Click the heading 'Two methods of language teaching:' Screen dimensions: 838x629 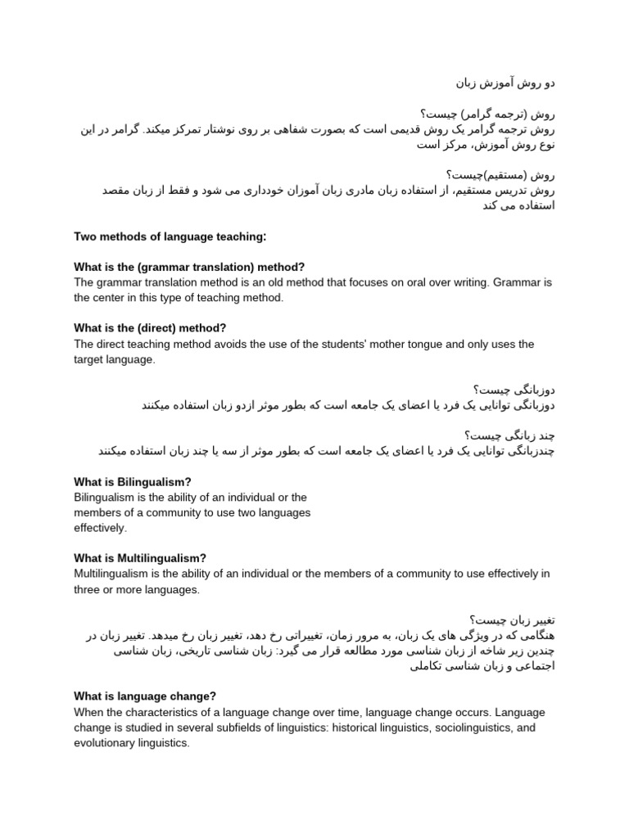click(170, 237)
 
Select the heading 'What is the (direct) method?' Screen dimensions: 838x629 click(150, 328)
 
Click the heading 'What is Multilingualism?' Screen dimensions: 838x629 click(140, 558)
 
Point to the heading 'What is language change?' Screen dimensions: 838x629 click(145, 696)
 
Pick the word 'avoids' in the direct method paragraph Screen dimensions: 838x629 click(221, 344)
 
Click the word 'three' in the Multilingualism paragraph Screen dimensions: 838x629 click(88, 589)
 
